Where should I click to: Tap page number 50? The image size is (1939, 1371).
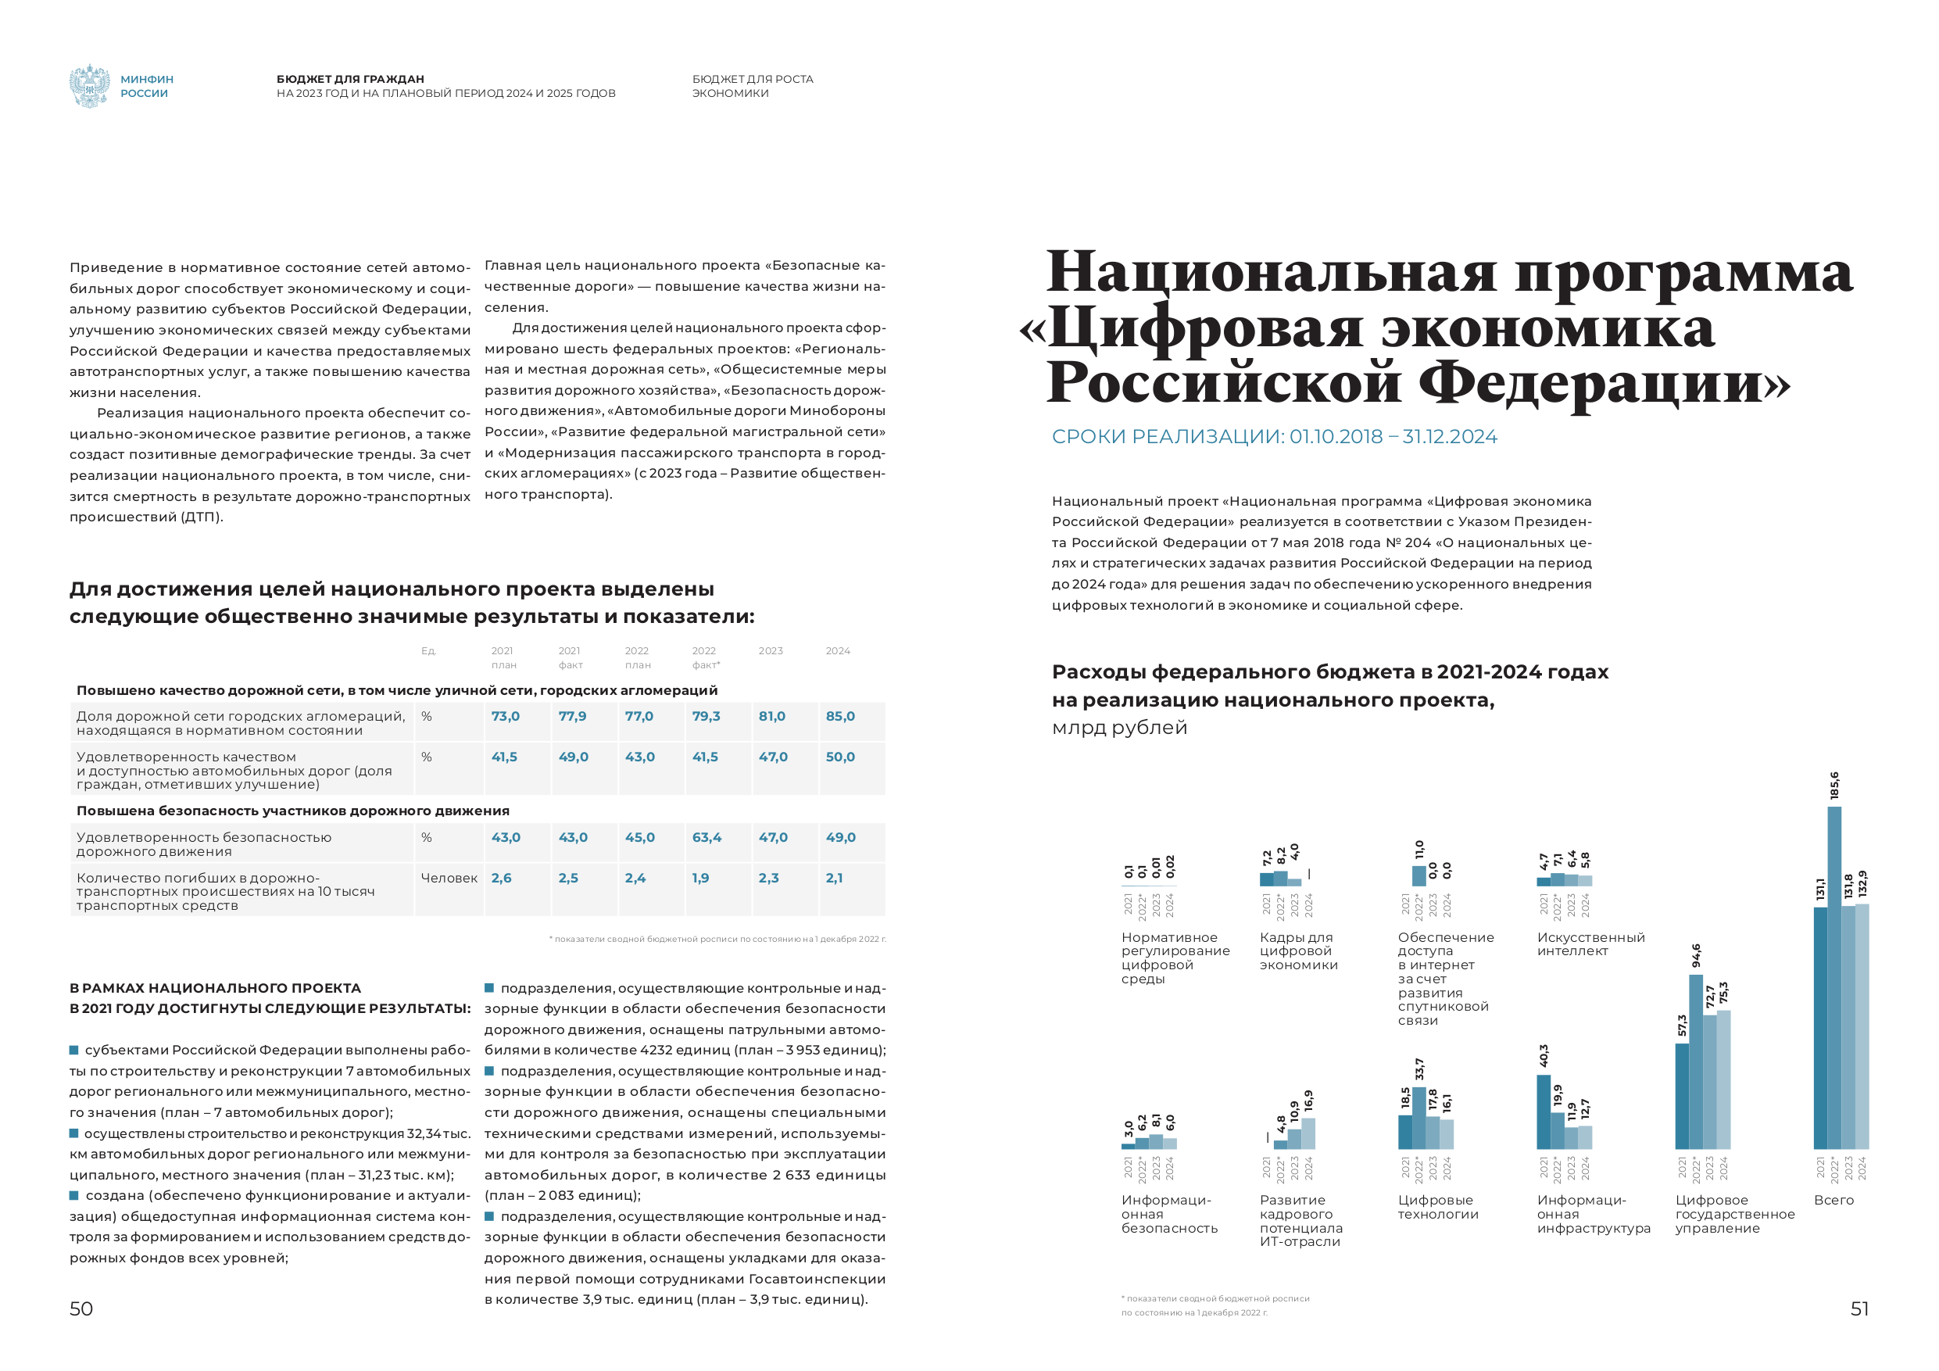coord(81,1308)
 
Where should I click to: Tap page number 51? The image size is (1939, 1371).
coord(1859,1308)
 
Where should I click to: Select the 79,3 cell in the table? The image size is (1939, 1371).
coord(706,716)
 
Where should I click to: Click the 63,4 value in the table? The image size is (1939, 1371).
coord(706,837)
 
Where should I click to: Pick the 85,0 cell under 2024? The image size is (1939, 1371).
coord(839,716)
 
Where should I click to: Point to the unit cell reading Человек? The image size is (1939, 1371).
coord(449,879)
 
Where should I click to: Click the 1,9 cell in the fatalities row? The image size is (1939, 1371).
coord(700,879)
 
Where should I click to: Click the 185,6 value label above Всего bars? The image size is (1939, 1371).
coord(1833,785)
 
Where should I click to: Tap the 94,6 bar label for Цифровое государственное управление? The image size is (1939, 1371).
coord(1696,955)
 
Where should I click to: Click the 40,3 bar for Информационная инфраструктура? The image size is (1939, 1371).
coord(1543,1111)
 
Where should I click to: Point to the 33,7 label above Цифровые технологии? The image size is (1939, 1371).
coord(1418,1069)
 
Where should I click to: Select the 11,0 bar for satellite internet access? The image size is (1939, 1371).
coord(1418,875)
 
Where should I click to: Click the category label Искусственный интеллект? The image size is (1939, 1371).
coord(1590,944)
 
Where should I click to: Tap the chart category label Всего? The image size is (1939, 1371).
coord(1833,1201)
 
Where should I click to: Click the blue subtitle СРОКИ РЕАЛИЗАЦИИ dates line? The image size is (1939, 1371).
coord(1274,437)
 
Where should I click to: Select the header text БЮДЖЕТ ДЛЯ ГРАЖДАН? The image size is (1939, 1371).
coord(349,79)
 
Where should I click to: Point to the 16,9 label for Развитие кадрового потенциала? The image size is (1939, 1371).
coord(1308,1101)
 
